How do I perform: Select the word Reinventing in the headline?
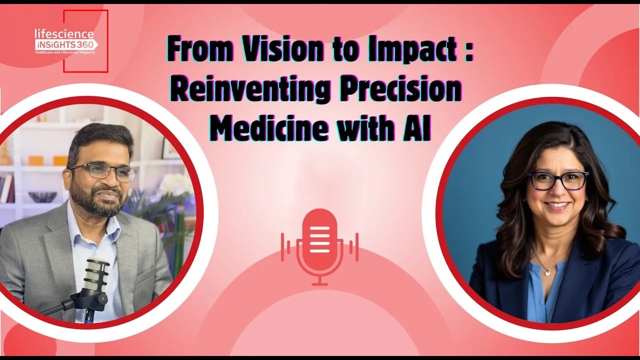tap(250, 89)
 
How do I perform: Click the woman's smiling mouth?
tap(557, 205)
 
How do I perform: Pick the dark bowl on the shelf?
tap(42, 196)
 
